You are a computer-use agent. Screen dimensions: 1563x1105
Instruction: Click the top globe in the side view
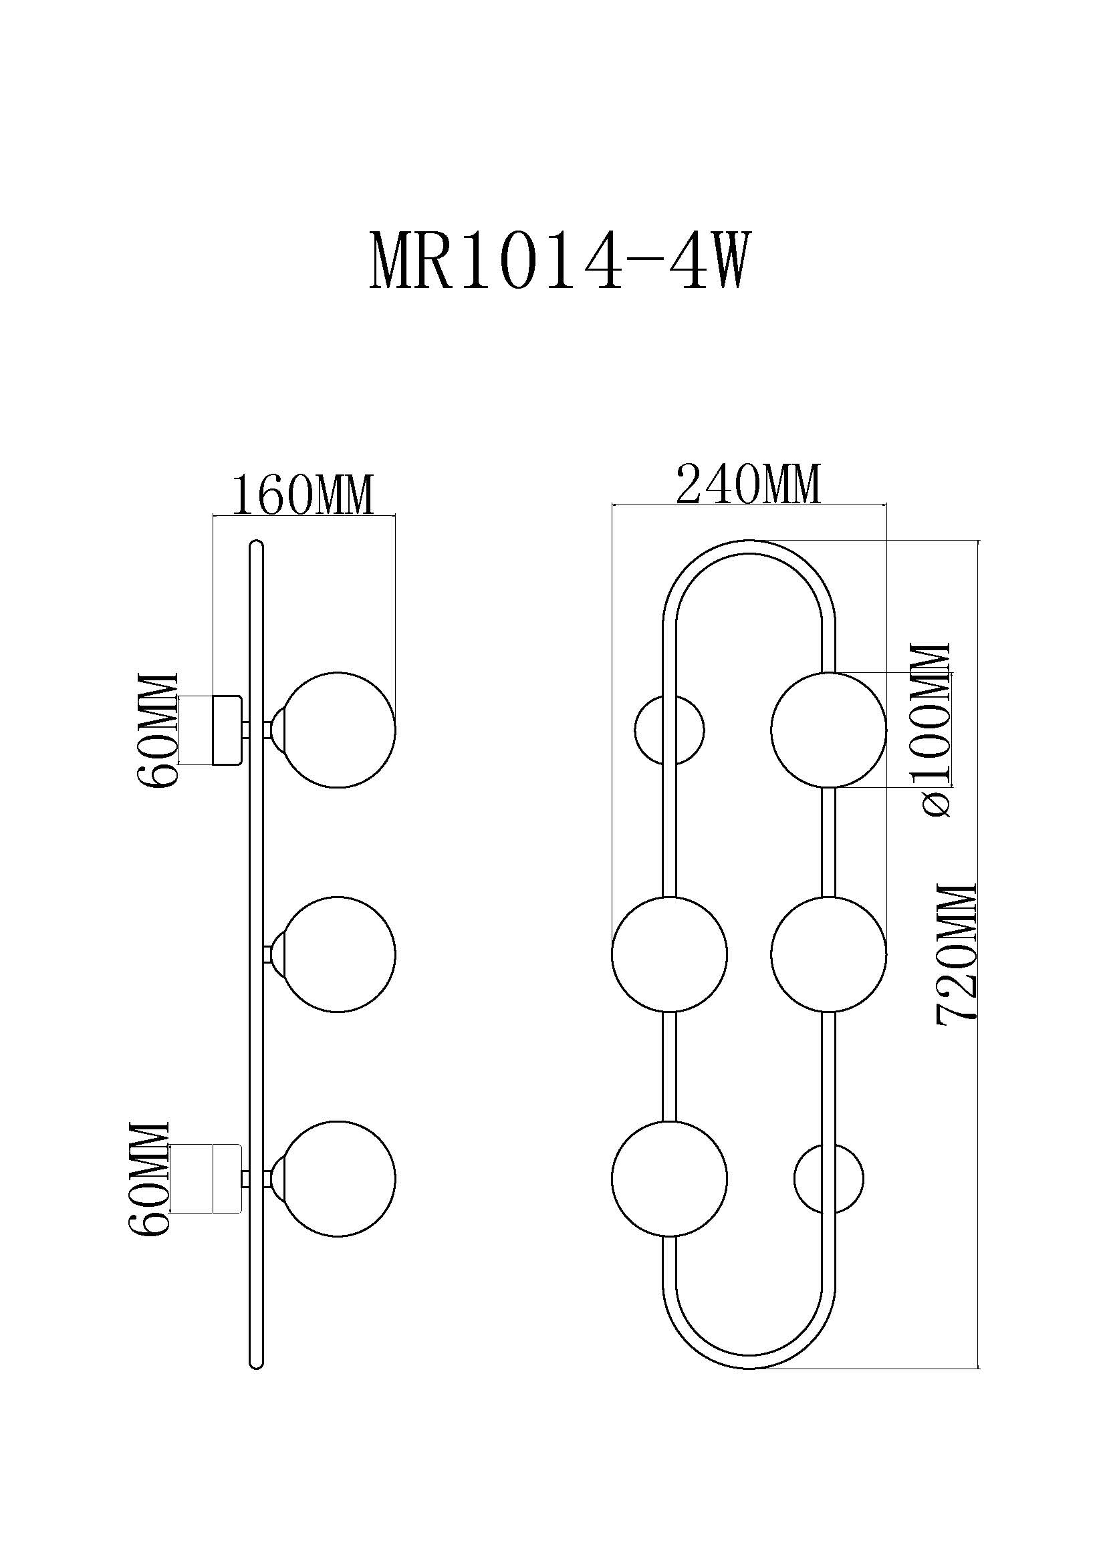[x=339, y=730]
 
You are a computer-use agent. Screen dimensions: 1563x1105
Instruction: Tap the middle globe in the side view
[x=339, y=954]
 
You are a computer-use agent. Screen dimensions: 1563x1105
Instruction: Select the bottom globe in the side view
[x=339, y=1178]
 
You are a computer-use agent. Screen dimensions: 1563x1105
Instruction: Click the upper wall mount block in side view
[x=227, y=730]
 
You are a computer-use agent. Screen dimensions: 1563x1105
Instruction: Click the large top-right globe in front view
[x=828, y=730]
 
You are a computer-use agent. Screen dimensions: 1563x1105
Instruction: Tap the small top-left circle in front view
[x=669, y=730]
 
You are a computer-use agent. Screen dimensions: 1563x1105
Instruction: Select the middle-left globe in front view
[x=669, y=954]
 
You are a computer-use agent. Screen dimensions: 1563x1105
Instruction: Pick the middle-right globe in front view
[x=828, y=954]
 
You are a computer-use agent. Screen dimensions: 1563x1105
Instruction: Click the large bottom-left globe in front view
[x=669, y=1178]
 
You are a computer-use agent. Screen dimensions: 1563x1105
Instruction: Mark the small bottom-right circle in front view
[x=828, y=1178]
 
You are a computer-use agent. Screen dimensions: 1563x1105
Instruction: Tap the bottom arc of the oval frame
[x=749, y=1361]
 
